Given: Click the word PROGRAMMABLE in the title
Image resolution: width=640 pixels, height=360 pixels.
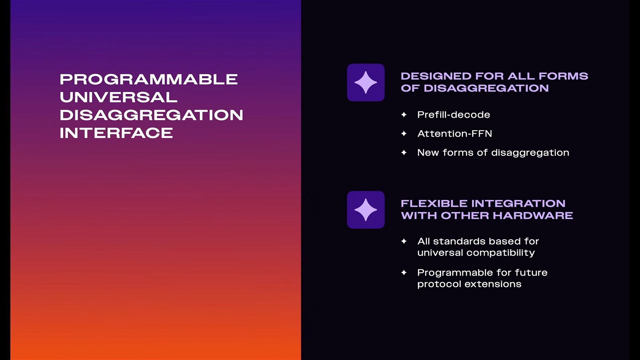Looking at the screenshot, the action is pyautogui.click(x=149, y=79).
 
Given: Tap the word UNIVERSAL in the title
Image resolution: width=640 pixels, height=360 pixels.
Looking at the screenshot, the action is pyautogui.click(x=119, y=97).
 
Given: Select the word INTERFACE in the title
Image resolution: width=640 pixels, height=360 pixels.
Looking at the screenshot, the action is pyautogui.click(x=116, y=133).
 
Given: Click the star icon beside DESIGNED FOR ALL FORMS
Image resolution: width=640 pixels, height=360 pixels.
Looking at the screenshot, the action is pyautogui.click(x=366, y=82).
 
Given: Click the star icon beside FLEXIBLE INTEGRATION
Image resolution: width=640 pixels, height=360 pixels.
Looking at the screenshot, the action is pyautogui.click(x=366, y=210).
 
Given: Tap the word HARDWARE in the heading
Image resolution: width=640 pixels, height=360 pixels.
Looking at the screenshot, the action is pyautogui.click(x=533, y=215).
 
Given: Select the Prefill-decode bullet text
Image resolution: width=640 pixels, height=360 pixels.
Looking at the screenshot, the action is pyautogui.click(x=454, y=115).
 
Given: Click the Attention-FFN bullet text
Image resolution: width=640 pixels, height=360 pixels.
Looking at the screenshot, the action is pyautogui.click(x=455, y=134).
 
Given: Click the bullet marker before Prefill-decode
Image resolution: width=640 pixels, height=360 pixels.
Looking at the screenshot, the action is pyautogui.click(x=404, y=115).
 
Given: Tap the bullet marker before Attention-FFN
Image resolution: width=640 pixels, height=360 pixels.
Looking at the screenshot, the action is pyautogui.click(x=404, y=134).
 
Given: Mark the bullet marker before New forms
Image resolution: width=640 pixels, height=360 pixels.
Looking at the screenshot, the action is pyautogui.click(x=404, y=153).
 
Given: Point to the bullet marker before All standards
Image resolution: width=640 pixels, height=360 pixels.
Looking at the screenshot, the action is pyautogui.click(x=404, y=241).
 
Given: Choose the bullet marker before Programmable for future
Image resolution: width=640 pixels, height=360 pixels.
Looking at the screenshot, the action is pyautogui.click(x=404, y=272).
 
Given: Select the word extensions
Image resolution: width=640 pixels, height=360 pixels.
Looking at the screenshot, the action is pyautogui.click(x=493, y=284).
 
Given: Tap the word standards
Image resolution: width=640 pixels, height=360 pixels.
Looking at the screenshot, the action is pyautogui.click(x=459, y=241).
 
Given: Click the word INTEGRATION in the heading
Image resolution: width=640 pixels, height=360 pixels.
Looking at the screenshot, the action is pyautogui.click(x=518, y=203).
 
